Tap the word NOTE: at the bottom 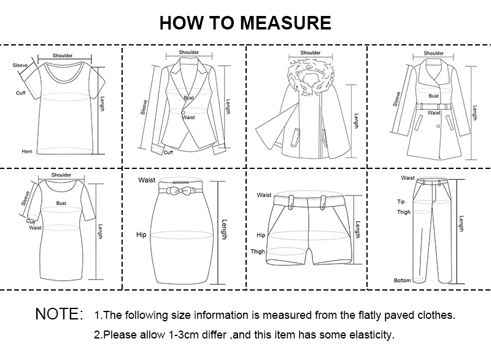(59, 315)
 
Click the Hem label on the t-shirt (26, 151)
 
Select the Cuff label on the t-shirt (20, 93)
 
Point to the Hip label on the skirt (141, 235)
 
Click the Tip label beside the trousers (401, 201)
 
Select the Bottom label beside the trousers (402, 280)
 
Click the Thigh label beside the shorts (258, 252)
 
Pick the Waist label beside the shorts (264, 195)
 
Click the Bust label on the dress (61, 203)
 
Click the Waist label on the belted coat (434, 112)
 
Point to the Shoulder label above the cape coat (311, 53)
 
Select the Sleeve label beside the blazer (145, 108)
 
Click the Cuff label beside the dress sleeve (30, 222)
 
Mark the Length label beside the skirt (224, 230)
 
